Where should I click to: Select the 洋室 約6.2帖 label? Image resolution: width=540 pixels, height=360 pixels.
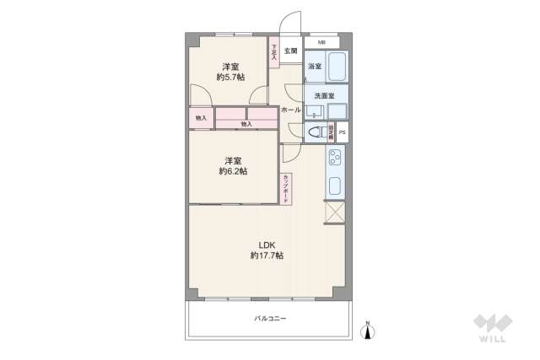point(233,166)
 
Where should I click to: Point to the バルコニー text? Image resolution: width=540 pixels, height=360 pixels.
point(270,319)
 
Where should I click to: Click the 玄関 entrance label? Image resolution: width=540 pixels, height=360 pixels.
point(290,51)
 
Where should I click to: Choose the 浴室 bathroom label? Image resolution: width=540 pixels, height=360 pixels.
point(313,66)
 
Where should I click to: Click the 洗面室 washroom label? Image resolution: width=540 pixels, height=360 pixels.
point(322,95)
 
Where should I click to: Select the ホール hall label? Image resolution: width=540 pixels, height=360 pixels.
point(290,110)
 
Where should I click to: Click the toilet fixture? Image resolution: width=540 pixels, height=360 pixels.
point(315,132)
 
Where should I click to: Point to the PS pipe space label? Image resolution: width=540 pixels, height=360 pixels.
point(342,132)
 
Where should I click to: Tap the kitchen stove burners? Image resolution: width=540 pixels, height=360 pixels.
point(335,158)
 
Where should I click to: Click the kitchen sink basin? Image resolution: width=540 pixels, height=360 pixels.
point(335,186)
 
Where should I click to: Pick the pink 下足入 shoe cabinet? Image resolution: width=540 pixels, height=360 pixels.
point(274,53)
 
